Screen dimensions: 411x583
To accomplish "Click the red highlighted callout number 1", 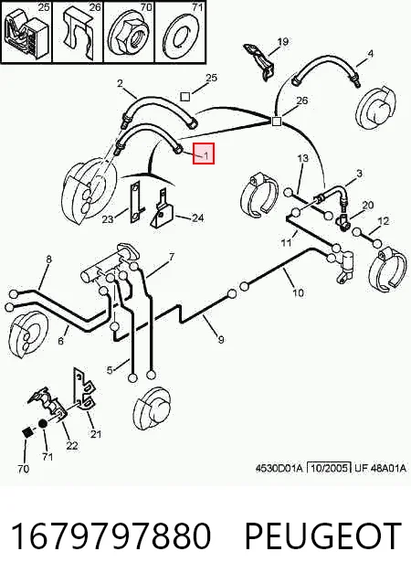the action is [x=207, y=154].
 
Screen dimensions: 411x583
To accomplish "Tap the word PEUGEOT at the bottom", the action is [x=323, y=535].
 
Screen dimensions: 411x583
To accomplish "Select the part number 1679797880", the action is [x=111, y=535].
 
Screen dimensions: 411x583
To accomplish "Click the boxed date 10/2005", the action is [x=329, y=468].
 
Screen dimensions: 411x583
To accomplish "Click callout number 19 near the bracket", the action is [x=283, y=41].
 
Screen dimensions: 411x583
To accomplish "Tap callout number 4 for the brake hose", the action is [x=370, y=54].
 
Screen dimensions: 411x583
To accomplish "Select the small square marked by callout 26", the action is [x=276, y=122].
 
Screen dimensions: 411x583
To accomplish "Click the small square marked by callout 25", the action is [x=185, y=97].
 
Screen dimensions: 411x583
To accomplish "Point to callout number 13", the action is [x=303, y=158].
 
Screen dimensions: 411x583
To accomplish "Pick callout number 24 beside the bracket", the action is [x=197, y=217].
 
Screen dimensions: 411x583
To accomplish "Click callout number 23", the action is [x=108, y=219].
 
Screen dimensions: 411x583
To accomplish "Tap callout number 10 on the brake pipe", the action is [x=298, y=293].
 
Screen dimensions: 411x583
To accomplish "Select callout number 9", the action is [x=221, y=339].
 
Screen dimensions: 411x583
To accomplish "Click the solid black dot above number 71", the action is [x=43, y=424].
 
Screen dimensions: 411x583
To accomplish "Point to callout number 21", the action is [x=96, y=433].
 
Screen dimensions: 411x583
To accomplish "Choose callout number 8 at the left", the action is [x=48, y=260].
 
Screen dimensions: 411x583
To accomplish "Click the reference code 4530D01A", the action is [x=279, y=468].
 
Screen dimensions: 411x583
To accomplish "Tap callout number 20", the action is [x=368, y=205].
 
